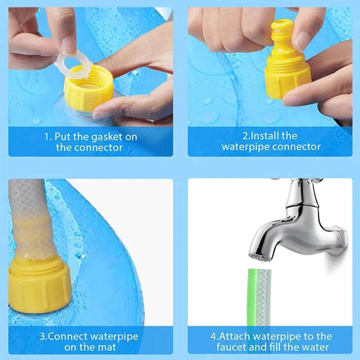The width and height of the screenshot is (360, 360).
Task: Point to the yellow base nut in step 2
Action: [x=277, y=84]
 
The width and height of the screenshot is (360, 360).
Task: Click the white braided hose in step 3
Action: [x=29, y=210]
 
